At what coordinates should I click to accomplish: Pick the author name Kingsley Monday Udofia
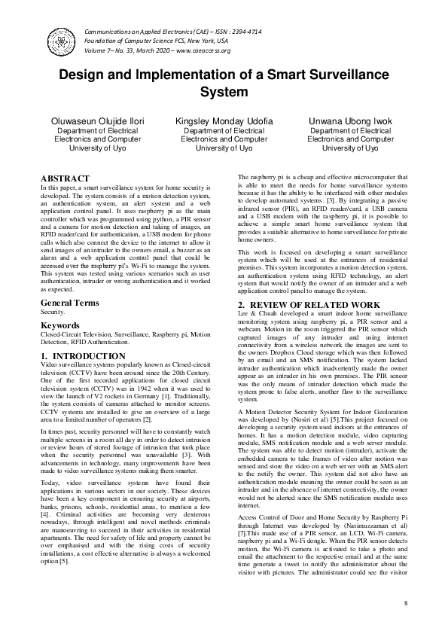224,121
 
